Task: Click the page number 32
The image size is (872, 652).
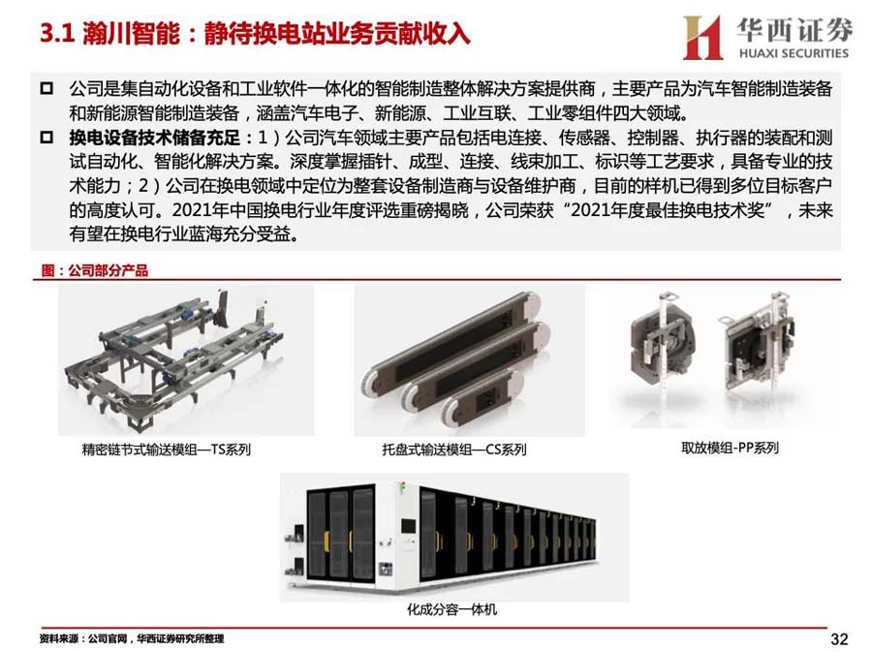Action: (x=839, y=638)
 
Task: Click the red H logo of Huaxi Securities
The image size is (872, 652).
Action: (x=702, y=37)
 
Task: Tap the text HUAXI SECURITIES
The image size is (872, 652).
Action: (x=794, y=53)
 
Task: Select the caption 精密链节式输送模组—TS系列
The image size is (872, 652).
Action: (x=167, y=450)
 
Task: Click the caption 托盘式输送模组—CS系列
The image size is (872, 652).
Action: (x=453, y=450)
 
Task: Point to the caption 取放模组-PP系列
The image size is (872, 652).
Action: (x=730, y=448)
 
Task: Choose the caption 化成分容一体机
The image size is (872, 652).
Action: (x=452, y=609)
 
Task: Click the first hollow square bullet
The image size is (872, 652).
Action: (x=47, y=88)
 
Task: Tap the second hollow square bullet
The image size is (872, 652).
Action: (x=47, y=137)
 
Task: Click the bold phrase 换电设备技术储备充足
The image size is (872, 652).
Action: (x=155, y=138)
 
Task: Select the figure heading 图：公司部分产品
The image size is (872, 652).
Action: (x=95, y=270)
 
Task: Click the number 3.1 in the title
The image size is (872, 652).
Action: (x=57, y=33)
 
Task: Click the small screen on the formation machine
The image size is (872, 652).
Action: (x=408, y=525)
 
